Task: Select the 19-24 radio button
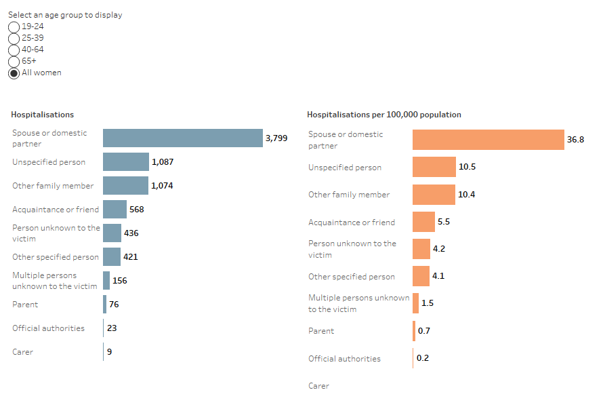click(14, 26)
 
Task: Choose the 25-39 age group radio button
click(14, 38)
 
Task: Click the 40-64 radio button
click(14, 50)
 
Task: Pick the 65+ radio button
click(14, 61)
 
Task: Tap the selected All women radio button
click(14, 73)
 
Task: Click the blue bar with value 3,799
click(182, 138)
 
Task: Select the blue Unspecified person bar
click(125, 162)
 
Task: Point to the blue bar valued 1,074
click(125, 186)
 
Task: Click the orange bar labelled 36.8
click(488, 140)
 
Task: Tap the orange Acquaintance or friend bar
click(423, 222)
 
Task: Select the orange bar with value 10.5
click(434, 167)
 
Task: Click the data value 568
click(136, 210)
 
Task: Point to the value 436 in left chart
click(131, 233)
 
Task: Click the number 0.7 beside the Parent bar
click(424, 331)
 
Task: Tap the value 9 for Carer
click(109, 352)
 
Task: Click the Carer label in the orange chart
click(318, 386)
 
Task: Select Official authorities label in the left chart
click(48, 328)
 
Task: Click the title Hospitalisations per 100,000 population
click(383, 115)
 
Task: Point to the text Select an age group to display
click(65, 15)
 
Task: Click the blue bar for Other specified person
click(112, 257)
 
